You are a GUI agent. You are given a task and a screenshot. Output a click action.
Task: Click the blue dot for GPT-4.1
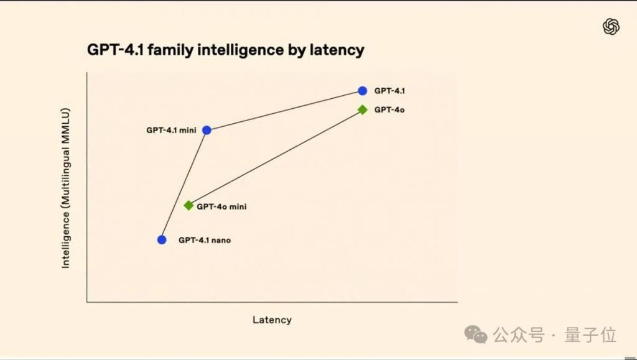pos(363,91)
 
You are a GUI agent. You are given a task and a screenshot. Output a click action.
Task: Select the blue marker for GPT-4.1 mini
pos(207,131)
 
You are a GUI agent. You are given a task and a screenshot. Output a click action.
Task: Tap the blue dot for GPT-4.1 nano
pos(162,240)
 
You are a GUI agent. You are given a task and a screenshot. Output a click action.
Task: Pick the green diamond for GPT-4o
pos(363,109)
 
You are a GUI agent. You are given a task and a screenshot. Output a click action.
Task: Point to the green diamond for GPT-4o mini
pos(188,206)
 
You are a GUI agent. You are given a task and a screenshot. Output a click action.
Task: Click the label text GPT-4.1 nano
pos(205,240)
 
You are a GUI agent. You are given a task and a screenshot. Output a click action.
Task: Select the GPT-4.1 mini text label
pos(172,131)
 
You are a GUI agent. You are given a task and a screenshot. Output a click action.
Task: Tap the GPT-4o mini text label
pos(221,206)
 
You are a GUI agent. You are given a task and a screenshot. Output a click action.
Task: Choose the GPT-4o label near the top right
pos(389,109)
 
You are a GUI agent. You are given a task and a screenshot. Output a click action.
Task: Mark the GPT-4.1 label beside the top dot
pos(389,91)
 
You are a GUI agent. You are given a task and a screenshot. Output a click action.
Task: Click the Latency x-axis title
pos(272,320)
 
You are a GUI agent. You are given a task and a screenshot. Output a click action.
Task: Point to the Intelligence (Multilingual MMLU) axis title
pos(65,188)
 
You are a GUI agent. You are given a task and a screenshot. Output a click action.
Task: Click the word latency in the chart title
pos(337,50)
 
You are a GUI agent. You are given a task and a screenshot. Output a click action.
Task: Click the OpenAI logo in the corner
pos(611,27)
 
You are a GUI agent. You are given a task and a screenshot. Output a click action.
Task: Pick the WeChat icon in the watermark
pos(476,335)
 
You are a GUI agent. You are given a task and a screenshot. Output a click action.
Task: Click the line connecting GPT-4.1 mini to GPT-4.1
pos(284,111)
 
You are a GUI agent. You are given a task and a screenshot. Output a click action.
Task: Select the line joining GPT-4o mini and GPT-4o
pos(276,158)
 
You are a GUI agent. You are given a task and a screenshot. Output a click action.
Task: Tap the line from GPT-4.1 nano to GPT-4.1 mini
pos(184,185)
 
